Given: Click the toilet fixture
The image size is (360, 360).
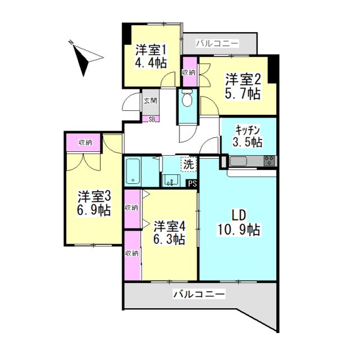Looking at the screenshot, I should point(188,99).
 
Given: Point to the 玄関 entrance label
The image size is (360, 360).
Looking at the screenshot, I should point(150,101).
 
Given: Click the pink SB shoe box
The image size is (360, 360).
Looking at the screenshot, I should point(151,119).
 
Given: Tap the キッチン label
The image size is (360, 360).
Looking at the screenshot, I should point(247,128).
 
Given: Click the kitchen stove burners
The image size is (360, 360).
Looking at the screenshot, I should point(269,161).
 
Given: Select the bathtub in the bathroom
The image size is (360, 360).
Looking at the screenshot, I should point(133,172).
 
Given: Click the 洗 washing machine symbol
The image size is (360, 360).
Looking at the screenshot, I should point(188,165).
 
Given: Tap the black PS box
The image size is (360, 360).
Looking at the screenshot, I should point(192,183).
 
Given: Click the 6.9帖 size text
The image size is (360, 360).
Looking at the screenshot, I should point(94,211).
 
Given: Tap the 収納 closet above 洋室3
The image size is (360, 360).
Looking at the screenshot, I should point(85,142).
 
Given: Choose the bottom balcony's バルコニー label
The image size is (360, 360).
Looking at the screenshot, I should point(199,294).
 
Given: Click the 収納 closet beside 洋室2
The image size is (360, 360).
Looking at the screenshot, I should point(189,73).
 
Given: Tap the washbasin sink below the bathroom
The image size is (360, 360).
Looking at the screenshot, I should point(171,181).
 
